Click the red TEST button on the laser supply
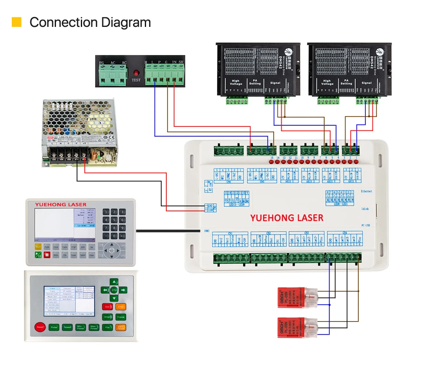pyautogui.click(x=136, y=72)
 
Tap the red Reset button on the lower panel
pyautogui.click(x=40, y=327)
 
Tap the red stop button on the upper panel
pyautogui.click(x=47, y=255)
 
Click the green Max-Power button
pyautogui.click(x=94, y=327)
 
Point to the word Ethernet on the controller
pyautogui.click(x=366, y=191)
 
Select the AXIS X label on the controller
pyautogui.click(x=352, y=182)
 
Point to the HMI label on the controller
pyautogui.click(x=207, y=231)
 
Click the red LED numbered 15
pyautogui.click(x=272, y=161)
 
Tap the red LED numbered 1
pyautogui.click(x=356, y=161)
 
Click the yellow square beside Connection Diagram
pyautogui.click(x=16, y=22)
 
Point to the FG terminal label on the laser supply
pyautogui.click(x=101, y=63)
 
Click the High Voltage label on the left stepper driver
pyautogui.click(x=236, y=82)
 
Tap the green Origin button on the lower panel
pyautogui.click(x=107, y=317)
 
